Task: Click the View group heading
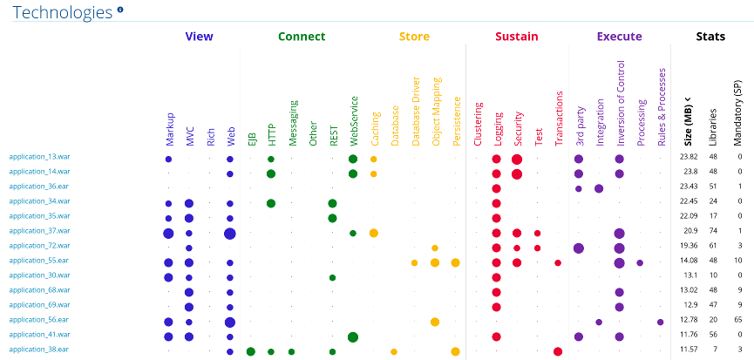[199, 37]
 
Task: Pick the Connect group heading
[302, 37]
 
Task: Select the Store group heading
[414, 37]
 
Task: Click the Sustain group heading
[516, 37]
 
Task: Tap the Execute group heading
[619, 37]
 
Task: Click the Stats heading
[710, 37]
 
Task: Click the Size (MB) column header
[689, 122]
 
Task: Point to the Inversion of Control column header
[621, 103]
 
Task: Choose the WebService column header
[353, 120]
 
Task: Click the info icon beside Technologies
[120, 10]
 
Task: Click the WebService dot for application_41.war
[353, 336]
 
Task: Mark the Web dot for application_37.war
[230, 233]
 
